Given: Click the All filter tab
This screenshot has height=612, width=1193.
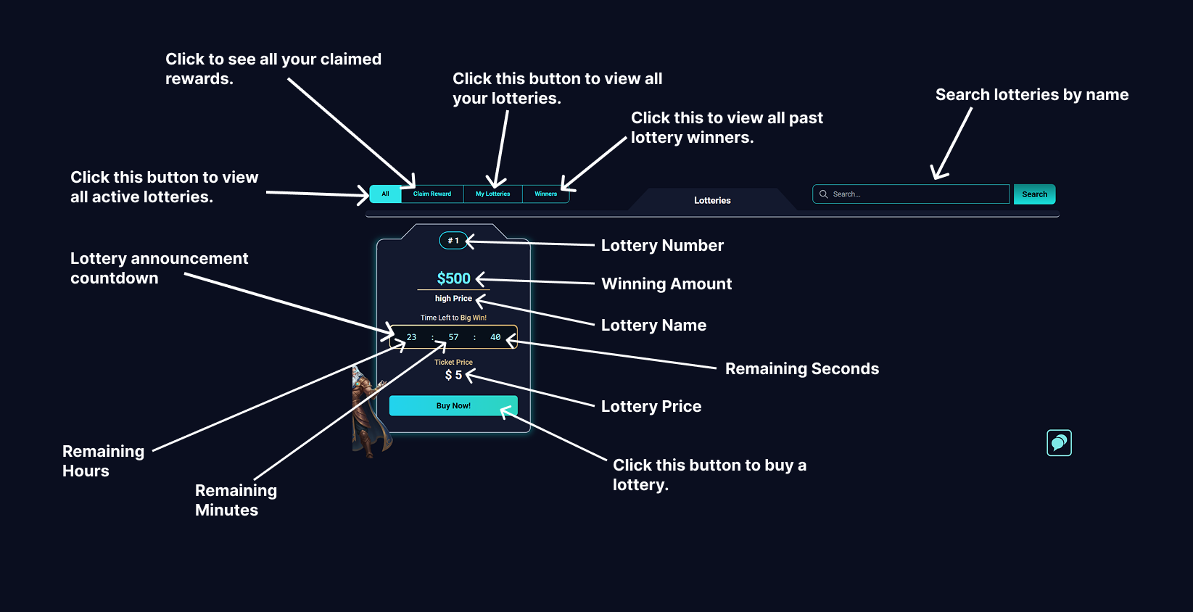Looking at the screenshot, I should pyautogui.click(x=385, y=194).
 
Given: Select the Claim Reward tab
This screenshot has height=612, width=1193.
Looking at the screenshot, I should pyautogui.click(x=432, y=194).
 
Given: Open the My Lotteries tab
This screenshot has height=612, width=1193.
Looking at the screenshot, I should pyautogui.click(x=493, y=194).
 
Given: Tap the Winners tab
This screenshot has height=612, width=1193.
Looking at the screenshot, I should pyautogui.click(x=546, y=194).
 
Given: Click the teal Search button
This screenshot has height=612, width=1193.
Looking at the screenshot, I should pyautogui.click(x=1034, y=194).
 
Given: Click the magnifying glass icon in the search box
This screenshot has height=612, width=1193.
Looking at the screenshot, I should pyautogui.click(x=824, y=194).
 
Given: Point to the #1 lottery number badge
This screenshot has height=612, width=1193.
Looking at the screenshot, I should pyautogui.click(x=453, y=241).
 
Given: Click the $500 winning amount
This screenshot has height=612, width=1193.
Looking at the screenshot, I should pyautogui.click(x=453, y=278).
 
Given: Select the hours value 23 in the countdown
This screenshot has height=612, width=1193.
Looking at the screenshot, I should pyautogui.click(x=411, y=337).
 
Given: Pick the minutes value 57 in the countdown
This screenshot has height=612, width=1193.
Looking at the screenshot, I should pyautogui.click(x=453, y=337).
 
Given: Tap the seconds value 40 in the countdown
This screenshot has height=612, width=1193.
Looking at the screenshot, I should pyautogui.click(x=495, y=337).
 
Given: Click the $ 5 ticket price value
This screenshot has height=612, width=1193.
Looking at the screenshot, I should pyautogui.click(x=453, y=375).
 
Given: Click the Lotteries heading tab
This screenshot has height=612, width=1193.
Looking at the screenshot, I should pyautogui.click(x=712, y=200).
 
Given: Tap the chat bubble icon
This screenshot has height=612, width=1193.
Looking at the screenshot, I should pyautogui.click(x=1059, y=442).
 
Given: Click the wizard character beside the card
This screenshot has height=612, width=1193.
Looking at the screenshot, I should pyautogui.click(x=367, y=413).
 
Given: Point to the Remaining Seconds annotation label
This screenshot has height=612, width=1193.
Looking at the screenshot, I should pyautogui.click(x=801, y=368).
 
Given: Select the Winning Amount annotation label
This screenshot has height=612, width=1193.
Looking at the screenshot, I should pyautogui.click(x=666, y=284).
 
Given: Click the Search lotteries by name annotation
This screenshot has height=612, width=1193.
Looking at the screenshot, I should pyautogui.click(x=1031, y=94).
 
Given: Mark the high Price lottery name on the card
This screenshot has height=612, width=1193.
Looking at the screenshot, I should pyautogui.click(x=453, y=298).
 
